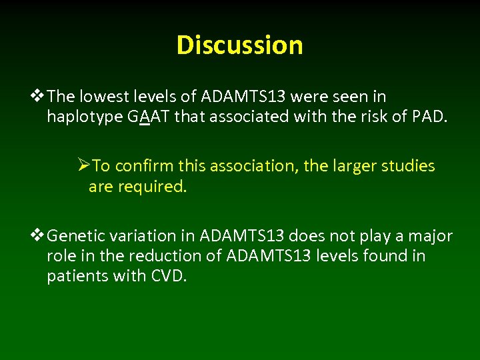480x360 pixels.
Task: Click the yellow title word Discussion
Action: pos(240,45)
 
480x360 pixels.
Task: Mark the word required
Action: pos(153,187)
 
